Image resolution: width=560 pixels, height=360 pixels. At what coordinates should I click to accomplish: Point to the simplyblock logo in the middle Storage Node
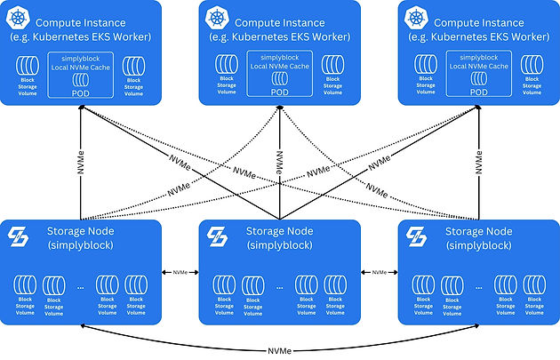pyautogui.click(x=219, y=238)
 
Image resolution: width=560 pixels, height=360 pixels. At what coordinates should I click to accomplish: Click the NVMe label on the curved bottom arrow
pyautogui.click(x=278, y=350)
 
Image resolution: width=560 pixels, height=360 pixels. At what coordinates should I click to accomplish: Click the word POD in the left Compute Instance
pyautogui.click(x=81, y=92)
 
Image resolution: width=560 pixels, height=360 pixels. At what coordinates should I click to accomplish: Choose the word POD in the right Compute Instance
pyautogui.click(x=479, y=92)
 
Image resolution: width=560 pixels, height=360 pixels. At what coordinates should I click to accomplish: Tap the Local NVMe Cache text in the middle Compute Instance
pyautogui.click(x=279, y=67)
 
